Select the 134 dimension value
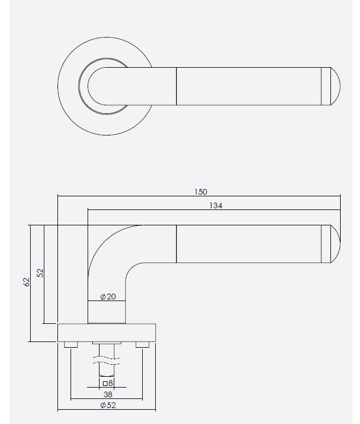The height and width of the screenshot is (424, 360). pos(215,206)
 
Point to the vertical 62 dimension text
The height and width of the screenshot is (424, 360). pos(26,282)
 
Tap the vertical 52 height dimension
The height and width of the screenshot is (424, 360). pos(40,273)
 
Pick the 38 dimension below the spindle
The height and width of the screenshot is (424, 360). pos(106,393)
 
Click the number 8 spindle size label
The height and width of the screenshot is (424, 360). pos(110,384)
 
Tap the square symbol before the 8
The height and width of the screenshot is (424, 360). pos(104,384)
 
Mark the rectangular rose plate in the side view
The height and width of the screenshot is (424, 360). pos(106,332)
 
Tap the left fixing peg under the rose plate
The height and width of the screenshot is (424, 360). pos(71,344)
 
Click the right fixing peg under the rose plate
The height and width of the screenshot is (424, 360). pos(142,344)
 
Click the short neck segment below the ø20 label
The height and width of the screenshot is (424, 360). pos(106,311)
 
